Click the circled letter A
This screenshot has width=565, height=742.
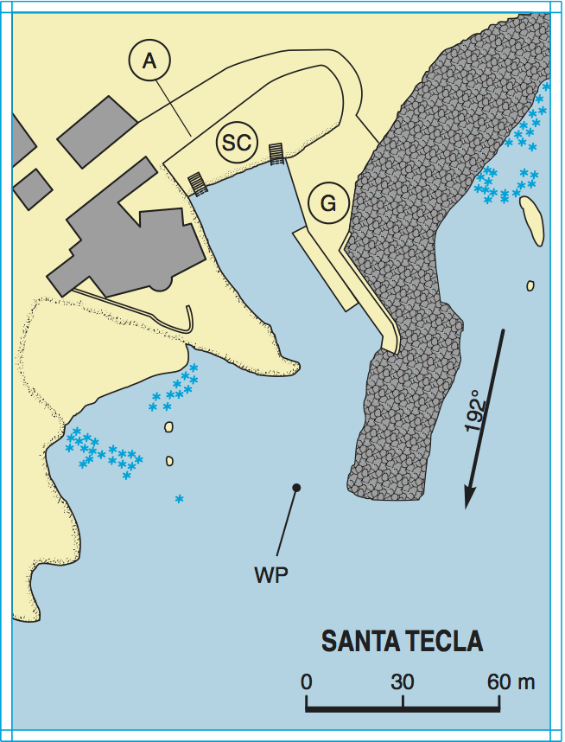point(149,61)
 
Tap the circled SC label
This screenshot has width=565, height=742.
point(236,142)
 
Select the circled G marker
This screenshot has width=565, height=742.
point(327,204)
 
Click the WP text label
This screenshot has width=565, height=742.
point(271,574)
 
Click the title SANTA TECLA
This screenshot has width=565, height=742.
point(402,643)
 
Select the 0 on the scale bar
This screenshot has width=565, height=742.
point(307,681)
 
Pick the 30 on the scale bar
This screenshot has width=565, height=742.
point(402,681)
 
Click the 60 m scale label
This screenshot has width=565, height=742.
point(510,681)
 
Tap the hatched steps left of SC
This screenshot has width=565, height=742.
point(198,183)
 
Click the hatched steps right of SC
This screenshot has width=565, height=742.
point(276,153)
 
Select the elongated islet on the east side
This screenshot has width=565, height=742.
point(532,220)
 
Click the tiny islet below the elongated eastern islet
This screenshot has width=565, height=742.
point(530,285)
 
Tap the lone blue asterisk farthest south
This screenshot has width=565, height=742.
point(179,499)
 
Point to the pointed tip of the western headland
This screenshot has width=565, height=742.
point(297,369)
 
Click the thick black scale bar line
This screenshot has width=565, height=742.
point(403,709)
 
